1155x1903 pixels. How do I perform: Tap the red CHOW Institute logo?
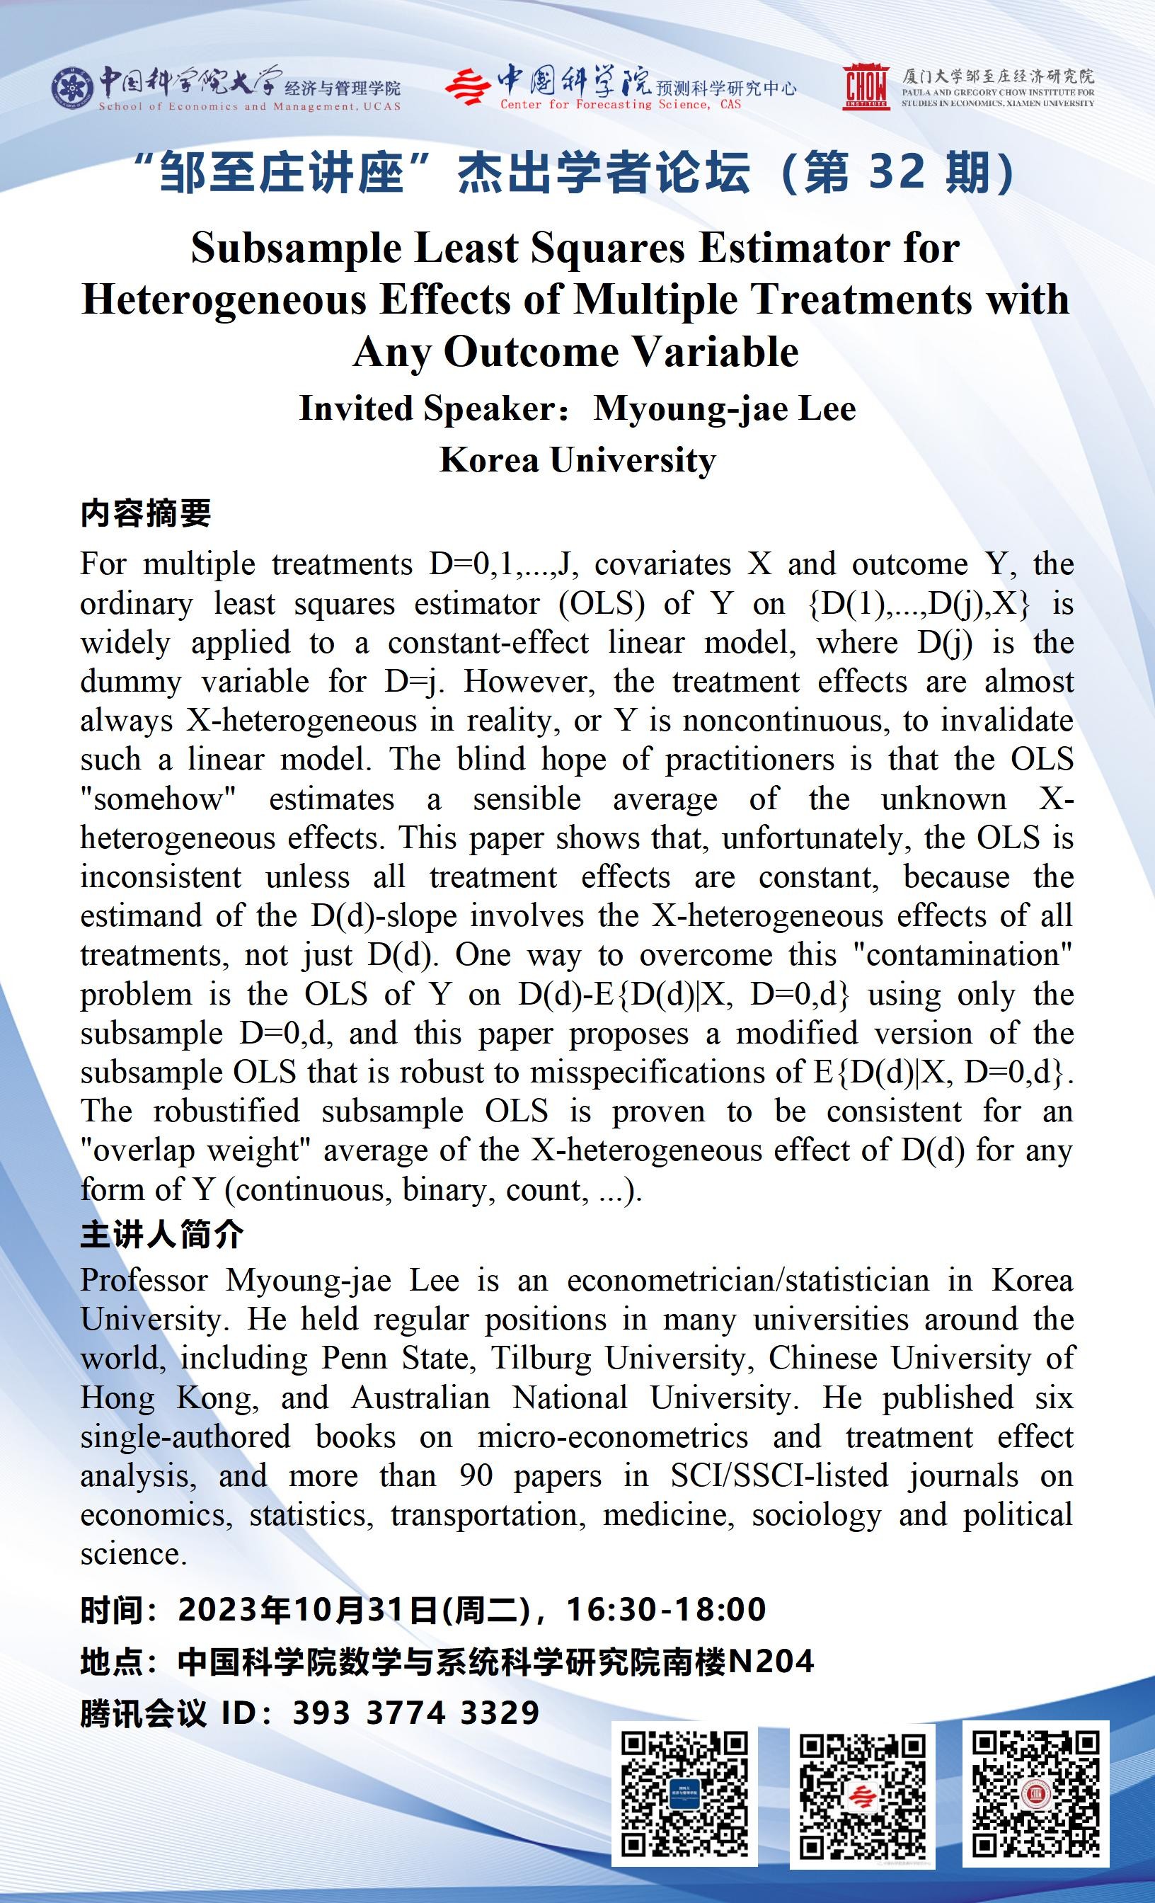tap(866, 86)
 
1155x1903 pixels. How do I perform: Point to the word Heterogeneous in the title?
tap(223, 299)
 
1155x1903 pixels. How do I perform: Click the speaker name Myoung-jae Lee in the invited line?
tap(724, 408)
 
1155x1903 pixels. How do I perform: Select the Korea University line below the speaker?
tap(577, 459)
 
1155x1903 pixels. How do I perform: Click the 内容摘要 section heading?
tap(146, 513)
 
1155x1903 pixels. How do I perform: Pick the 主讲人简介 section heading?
tap(162, 1234)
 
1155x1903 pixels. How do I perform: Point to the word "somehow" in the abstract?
tap(159, 799)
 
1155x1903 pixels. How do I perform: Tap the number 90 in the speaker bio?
tap(476, 1476)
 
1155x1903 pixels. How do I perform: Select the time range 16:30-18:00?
tap(665, 1608)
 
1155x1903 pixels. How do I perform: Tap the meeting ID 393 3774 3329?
tap(415, 1713)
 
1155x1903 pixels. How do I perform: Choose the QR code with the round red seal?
tap(1035, 1791)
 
